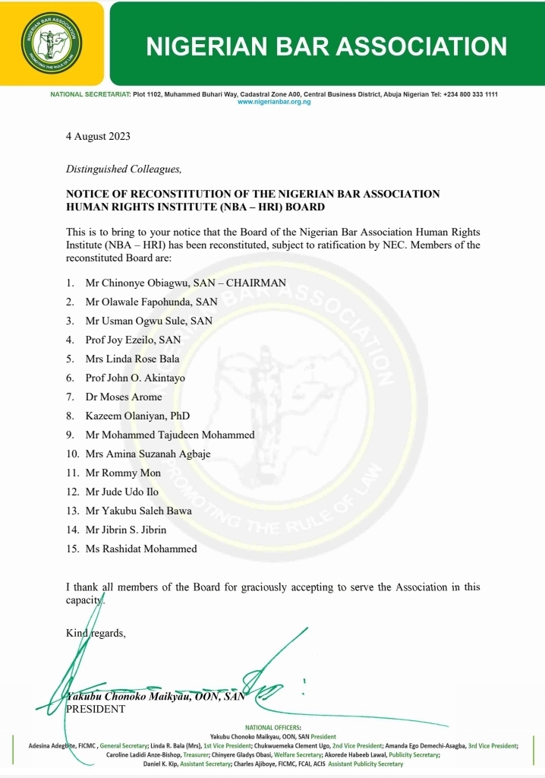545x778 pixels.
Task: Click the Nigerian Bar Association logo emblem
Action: (x=52, y=43)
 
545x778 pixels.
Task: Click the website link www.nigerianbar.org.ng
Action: (x=274, y=102)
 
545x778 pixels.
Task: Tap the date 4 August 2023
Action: (x=98, y=137)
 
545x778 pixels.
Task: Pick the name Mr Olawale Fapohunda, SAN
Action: (x=151, y=302)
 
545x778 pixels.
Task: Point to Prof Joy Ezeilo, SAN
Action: (x=133, y=340)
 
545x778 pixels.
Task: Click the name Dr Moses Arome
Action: (x=124, y=397)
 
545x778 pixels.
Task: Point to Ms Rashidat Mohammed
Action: (x=141, y=549)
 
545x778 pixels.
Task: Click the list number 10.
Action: (x=73, y=454)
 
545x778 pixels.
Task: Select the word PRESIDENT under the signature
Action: (x=96, y=709)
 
